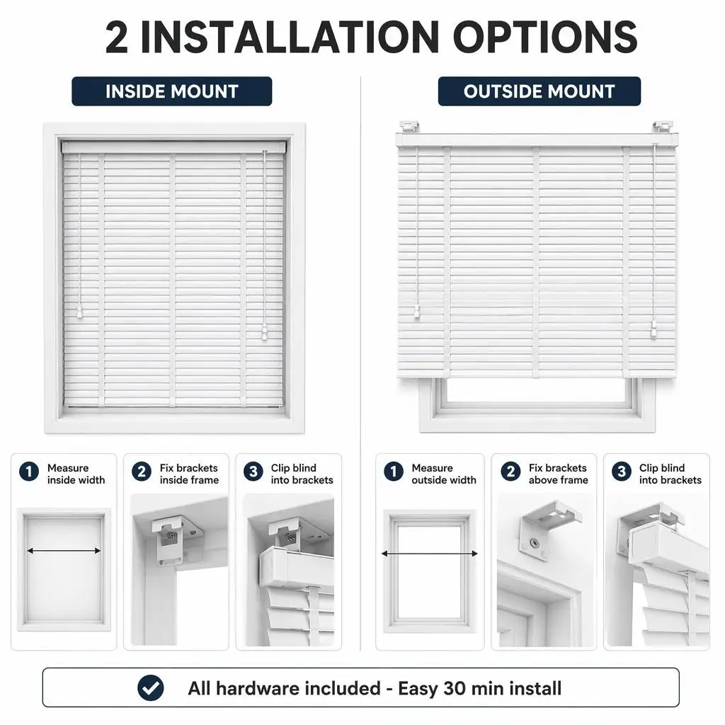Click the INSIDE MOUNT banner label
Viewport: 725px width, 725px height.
pos(171,91)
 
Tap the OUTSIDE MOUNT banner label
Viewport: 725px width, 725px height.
pos(539,91)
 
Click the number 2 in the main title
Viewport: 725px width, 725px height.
pos(117,38)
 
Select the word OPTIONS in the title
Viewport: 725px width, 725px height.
pos(545,38)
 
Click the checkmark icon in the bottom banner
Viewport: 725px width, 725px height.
pos(150,687)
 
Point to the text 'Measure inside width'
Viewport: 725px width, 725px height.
pos(76,474)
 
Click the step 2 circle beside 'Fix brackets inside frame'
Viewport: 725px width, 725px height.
pos(142,472)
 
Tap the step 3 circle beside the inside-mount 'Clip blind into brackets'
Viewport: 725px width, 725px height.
pos(253,472)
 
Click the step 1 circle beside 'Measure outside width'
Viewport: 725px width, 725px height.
pos(394,472)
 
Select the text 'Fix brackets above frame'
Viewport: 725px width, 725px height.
pos(559,474)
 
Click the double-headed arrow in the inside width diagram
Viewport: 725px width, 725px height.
pos(64,551)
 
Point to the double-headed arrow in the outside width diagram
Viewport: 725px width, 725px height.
pos(430,554)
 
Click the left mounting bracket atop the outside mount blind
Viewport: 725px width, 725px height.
pos(410,126)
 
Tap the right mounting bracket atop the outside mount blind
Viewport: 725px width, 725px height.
pos(663,126)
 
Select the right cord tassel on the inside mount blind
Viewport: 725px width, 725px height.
pos(265,332)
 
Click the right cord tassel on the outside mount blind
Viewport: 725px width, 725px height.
pos(654,329)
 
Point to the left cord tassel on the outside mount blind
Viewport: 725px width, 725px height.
pos(417,312)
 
